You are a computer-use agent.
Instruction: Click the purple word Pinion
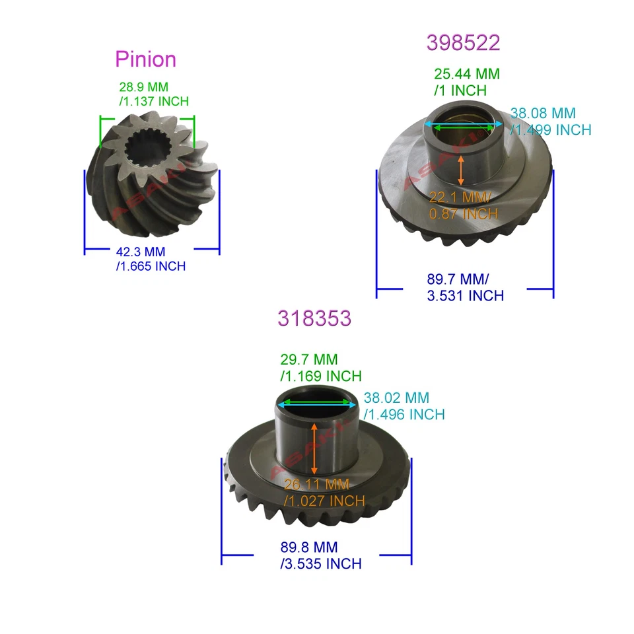(x=145, y=59)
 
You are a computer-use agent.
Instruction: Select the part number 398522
(x=463, y=43)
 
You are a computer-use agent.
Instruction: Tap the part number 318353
(x=314, y=318)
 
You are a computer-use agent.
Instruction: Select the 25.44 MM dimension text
(x=467, y=74)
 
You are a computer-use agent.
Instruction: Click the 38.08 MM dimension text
(x=544, y=114)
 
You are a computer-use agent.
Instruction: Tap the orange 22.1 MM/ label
(x=461, y=197)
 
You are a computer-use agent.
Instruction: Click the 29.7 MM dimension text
(x=309, y=361)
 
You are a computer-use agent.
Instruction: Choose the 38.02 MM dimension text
(x=396, y=398)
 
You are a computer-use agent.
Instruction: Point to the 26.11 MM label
(x=317, y=485)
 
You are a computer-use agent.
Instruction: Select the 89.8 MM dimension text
(x=309, y=547)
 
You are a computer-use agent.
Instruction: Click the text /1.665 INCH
(x=151, y=266)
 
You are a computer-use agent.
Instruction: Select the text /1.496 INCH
(x=404, y=415)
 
